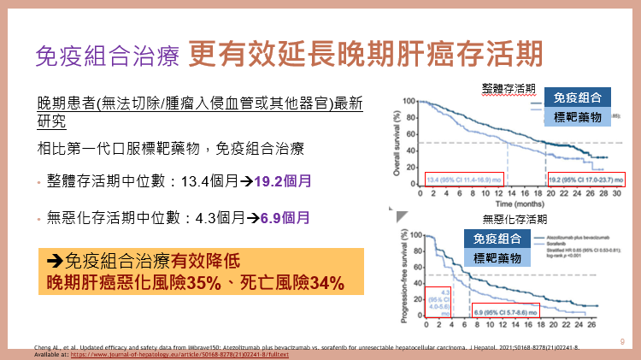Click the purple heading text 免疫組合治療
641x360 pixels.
coord(108,55)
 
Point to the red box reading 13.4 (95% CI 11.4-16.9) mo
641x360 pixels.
coord(462,180)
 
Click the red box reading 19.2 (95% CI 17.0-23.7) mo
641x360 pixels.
coord(585,180)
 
